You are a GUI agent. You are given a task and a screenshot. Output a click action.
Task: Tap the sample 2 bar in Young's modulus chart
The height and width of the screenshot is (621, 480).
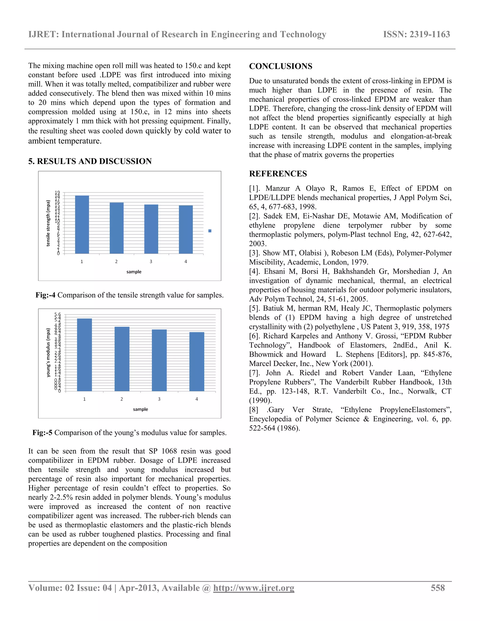point(122,359)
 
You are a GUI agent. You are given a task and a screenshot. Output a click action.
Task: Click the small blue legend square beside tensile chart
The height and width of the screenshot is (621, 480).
point(210,231)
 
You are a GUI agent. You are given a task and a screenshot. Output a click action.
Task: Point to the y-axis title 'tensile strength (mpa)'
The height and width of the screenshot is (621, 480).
point(48,223)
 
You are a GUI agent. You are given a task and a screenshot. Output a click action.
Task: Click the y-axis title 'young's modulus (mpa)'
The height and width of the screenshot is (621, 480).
point(48,353)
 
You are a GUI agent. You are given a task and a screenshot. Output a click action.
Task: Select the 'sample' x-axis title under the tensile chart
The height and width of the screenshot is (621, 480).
point(134,272)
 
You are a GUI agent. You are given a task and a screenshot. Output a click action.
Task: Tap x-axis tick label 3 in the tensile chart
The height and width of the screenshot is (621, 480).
point(151,262)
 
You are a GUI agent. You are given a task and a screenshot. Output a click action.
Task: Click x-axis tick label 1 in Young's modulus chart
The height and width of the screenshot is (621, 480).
point(84,399)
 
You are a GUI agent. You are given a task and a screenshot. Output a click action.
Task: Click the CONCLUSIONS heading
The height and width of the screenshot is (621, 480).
point(280,66)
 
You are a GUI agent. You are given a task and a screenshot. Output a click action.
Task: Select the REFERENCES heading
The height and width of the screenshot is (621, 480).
point(278,174)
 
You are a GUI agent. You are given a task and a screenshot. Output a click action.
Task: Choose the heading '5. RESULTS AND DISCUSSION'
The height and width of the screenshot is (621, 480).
point(90,161)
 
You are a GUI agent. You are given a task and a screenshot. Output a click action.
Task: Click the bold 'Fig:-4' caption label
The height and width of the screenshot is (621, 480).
point(45,295)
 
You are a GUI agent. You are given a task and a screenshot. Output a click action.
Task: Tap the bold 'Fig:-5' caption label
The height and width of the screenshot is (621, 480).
point(42,433)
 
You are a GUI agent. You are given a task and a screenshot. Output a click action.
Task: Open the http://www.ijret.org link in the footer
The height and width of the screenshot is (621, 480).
point(253,588)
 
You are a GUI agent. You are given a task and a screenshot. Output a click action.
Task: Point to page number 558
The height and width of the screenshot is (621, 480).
point(437,588)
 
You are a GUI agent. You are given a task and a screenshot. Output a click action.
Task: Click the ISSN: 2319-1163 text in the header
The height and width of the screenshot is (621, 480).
point(416,34)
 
